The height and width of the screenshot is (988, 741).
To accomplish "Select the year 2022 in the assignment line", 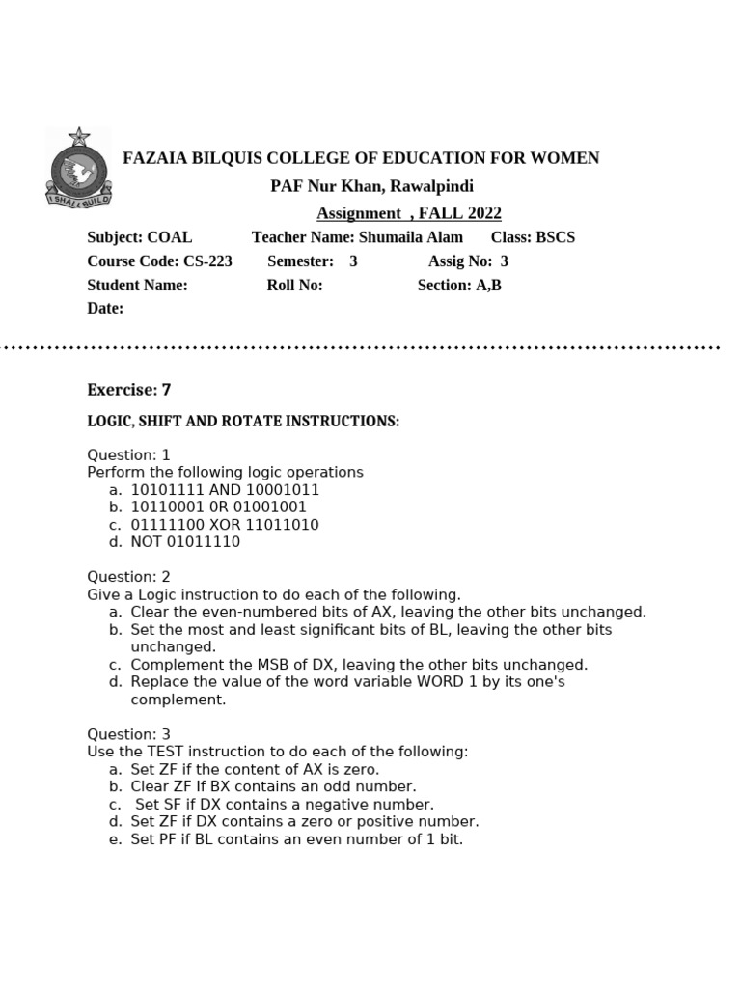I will click(480, 214).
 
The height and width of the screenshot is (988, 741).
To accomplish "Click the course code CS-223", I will click(206, 261).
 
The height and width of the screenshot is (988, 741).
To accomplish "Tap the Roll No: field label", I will click(294, 286).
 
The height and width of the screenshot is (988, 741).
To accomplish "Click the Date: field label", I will click(105, 309).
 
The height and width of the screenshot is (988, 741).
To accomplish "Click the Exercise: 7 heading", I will click(128, 390).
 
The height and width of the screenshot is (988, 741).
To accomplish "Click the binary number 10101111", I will click(169, 490).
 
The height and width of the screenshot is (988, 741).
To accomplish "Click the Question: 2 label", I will click(128, 577).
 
